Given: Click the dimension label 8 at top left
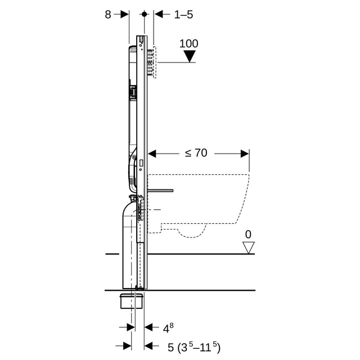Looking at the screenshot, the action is (108, 15).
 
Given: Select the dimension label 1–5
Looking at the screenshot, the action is (184, 15).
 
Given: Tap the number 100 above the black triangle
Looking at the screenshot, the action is (189, 44).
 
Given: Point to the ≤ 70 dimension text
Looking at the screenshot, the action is (196, 153).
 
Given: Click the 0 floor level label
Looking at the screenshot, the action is (248, 235).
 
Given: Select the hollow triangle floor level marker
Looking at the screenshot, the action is (249, 247).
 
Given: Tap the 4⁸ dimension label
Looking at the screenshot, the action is (168, 328).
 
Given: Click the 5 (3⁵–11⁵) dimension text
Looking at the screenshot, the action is (194, 347).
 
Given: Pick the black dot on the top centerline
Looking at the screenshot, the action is (144, 14).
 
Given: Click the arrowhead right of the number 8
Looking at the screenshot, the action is (125, 14).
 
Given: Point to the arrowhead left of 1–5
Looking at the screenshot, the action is (159, 14).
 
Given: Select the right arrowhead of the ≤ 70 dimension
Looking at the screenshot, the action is (245, 154).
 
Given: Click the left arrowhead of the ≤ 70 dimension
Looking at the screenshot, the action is (152, 154).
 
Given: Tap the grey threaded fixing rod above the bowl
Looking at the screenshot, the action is (160, 190).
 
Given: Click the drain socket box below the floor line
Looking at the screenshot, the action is (132, 301).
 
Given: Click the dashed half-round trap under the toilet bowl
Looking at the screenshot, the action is (191, 231).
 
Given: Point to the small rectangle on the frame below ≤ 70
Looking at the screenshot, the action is (141, 163).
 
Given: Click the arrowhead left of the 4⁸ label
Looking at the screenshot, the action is (130, 327).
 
